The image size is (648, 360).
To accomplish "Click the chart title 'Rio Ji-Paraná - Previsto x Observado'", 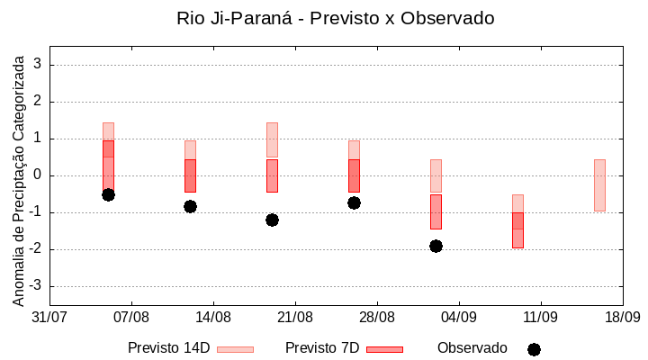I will click(336, 18).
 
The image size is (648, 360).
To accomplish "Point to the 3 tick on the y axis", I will click(38, 65).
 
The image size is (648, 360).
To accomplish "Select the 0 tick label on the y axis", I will click(38, 175).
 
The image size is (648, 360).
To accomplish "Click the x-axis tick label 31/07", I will click(49, 318).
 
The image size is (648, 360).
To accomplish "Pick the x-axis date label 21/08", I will click(295, 318).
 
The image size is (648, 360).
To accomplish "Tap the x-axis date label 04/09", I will click(459, 318).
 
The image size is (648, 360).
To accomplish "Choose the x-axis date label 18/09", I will click(622, 318).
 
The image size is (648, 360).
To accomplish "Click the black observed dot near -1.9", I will click(436, 246).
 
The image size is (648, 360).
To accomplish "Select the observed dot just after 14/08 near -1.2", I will click(272, 220).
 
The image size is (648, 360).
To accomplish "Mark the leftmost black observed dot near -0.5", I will click(108, 194).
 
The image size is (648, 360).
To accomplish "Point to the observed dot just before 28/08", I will click(354, 202).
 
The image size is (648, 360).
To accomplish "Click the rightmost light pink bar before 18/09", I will click(599, 184).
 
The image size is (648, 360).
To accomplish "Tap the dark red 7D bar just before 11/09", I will click(517, 229).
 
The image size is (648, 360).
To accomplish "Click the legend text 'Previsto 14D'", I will click(168, 348).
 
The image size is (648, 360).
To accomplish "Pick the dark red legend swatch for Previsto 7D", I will click(384, 348).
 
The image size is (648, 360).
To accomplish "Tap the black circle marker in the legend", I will click(534, 349).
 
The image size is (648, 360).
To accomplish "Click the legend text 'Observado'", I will click(472, 348).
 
